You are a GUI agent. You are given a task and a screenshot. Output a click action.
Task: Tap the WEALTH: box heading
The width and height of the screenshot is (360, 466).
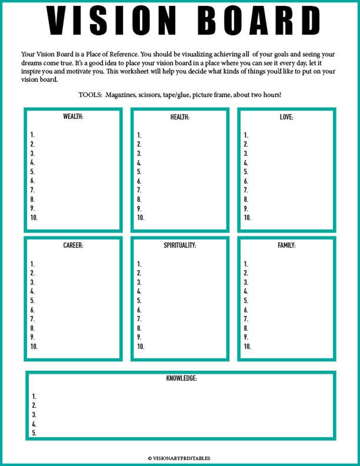tap(73, 116)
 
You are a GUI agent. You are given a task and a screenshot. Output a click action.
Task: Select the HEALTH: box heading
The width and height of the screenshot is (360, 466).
tap(180, 117)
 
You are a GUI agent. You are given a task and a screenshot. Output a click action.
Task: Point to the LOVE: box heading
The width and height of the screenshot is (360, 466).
tap(287, 117)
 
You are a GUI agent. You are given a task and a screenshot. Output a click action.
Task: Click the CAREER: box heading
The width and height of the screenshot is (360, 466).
tap(73, 246)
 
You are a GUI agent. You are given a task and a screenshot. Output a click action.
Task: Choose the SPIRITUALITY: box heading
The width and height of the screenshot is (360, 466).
tap(180, 246)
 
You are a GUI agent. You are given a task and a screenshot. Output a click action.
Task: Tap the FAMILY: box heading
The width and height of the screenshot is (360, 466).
tap(287, 246)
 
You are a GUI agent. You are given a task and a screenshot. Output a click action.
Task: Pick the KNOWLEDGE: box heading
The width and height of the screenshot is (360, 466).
tap(181, 378)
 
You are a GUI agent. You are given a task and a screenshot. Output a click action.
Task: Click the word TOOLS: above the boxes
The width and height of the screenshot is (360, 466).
tap(90, 95)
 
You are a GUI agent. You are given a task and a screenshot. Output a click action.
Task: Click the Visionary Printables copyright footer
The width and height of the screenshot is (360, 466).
tap(179, 458)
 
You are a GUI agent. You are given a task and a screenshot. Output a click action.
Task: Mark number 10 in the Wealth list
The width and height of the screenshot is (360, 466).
tap(34, 218)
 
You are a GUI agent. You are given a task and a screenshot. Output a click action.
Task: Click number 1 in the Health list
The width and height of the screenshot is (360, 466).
tap(139, 135)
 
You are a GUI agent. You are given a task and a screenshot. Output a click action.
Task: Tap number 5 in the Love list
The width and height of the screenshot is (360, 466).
tap(246, 172)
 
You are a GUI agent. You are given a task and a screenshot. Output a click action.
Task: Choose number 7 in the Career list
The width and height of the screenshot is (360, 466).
tap(32, 319)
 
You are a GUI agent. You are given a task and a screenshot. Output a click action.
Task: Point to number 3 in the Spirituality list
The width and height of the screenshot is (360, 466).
tap(139, 282)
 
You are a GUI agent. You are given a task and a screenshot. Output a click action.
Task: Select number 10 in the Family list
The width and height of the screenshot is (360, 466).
tap(247, 346)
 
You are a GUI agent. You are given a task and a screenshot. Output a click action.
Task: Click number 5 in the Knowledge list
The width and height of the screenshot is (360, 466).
tap(34, 433)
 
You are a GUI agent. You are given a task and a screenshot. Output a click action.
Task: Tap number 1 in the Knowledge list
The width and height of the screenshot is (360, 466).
tap(34, 397)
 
